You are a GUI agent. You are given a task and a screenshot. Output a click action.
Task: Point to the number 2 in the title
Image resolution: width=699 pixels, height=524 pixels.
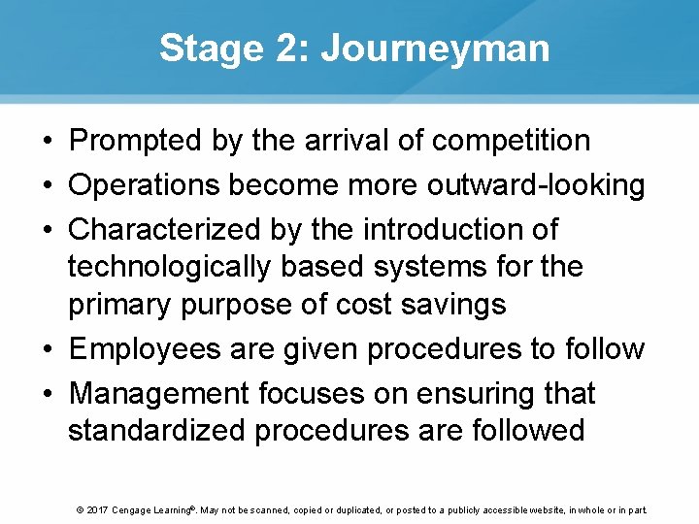tap(288, 49)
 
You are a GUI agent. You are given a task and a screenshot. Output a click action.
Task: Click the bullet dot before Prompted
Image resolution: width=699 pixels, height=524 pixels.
tap(47, 142)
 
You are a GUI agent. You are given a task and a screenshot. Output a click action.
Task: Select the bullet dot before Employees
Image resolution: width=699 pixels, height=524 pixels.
tap(47, 349)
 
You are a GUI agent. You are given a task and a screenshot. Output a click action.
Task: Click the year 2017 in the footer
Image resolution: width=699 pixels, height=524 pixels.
tap(96, 509)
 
